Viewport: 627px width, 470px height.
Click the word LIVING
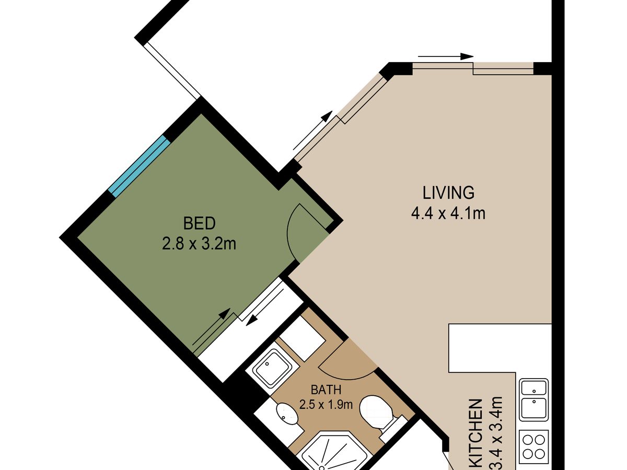pos(448,193)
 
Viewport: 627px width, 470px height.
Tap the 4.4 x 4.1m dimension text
pos(448,214)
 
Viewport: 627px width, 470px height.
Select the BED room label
pos(199,224)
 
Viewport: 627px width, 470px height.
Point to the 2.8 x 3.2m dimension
pos(199,244)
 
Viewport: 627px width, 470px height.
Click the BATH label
pos(326,390)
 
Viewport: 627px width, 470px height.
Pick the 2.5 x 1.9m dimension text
pos(326,405)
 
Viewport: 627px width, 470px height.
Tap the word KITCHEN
pos(476,435)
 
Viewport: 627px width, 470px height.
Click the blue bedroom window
pos(139,167)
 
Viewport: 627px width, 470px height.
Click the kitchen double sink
pos(533,399)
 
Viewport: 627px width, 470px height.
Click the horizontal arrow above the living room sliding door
pos(446,56)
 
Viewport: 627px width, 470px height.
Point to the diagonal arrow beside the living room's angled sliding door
pos(313,131)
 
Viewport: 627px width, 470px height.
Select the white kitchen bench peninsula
pos(500,348)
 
